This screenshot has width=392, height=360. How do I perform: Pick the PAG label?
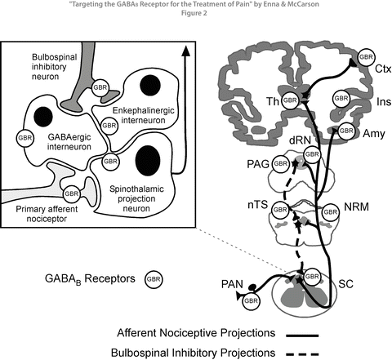tap(257, 163)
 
